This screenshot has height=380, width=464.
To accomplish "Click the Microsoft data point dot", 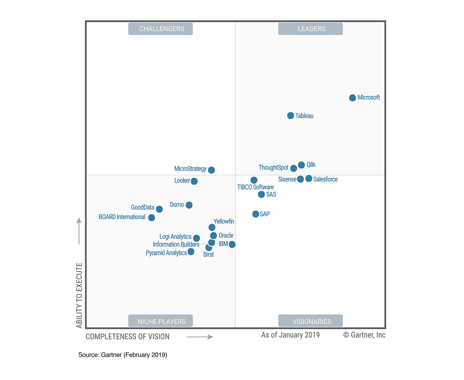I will tap(352, 98).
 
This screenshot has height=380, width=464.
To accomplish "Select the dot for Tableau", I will tap(291, 116).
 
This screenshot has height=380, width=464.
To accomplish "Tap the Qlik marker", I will tap(301, 165).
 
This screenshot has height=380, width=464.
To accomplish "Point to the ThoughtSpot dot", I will tap(293, 168).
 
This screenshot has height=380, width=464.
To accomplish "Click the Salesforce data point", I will tap(309, 179).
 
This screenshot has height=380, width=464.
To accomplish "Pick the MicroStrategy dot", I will tap(211, 170).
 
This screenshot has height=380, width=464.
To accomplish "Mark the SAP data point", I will tap(255, 214).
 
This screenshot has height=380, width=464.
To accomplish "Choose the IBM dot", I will tap(232, 244).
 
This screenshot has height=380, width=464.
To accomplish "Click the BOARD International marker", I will tap(151, 218).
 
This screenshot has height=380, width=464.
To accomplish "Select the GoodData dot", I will tap(159, 209).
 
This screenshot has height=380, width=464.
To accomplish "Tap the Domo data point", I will tap(189, 205).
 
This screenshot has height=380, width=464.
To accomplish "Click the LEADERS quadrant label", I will tap(310, 29).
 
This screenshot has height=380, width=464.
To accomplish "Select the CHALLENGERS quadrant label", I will tap(160, 29).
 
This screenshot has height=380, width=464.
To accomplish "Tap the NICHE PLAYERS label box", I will tap(160, 321).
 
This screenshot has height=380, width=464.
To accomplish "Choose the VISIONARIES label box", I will tap(310, 321).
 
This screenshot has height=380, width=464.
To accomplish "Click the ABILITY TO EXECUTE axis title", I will tap(79, 295).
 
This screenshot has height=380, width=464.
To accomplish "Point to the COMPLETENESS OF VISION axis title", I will tap(128, 337).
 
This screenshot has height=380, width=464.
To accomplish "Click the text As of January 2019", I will tap(290, 335).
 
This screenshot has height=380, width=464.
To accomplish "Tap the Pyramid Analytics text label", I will tap(166, 253).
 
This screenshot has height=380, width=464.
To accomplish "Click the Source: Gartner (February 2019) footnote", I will tap(123, 355).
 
